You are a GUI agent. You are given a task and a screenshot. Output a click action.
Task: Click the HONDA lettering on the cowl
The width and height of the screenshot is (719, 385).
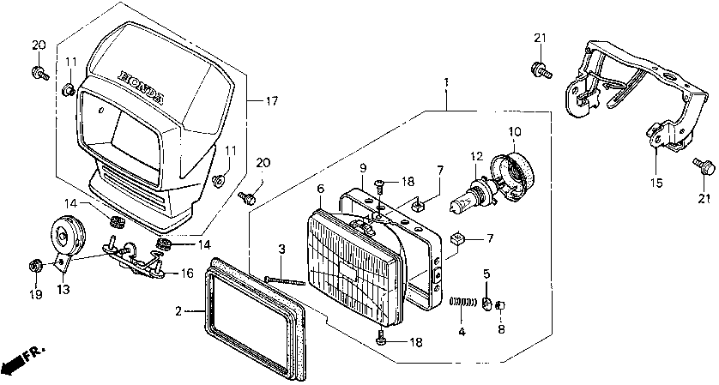(x=142, y=87)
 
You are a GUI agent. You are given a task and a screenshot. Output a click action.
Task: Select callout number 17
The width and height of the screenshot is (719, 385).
(x=271, y=101)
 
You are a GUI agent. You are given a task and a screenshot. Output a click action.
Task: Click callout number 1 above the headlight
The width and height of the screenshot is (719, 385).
(x=446, y=82)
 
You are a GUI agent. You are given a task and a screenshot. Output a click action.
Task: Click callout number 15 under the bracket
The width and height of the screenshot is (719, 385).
(x=656, y=182)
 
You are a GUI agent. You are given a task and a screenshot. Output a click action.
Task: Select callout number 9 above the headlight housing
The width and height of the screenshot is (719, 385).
(x=363, y=166)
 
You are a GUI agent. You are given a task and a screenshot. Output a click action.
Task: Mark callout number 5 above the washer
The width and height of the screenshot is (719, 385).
(x=486, y=274)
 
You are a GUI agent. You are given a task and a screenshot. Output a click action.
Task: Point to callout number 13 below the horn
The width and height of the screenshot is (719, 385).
(x=62, y=290)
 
